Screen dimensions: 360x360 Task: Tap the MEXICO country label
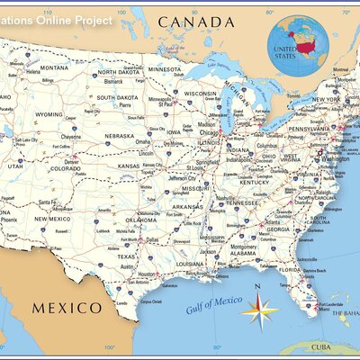click(67, 308)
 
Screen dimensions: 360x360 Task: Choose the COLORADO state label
click(65, 168)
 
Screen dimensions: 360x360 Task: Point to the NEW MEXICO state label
click(53, 219)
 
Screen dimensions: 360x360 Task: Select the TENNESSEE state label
click(241, 202)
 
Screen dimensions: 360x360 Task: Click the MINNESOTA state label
click(165, 68)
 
